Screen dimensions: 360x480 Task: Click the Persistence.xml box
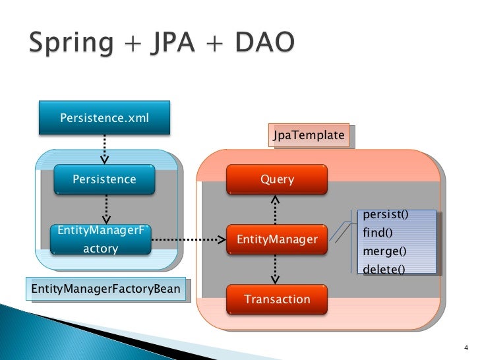click(x=104, y=118)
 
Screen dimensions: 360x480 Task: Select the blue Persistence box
click(x=104, y=179)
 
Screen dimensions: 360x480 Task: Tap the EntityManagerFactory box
click(x=100, y=239)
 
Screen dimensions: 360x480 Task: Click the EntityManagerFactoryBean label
click(x=105, y=289)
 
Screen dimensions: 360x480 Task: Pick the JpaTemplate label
click(x=309, y=136)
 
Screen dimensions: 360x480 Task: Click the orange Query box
click(x=277, y=179)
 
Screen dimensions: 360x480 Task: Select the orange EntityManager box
click(x=277, y=239)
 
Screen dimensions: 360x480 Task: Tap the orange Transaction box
click(x=277, y=299)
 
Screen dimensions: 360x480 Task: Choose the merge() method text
click(x=384, y=251)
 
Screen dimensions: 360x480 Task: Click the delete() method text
click(x=384, y=269)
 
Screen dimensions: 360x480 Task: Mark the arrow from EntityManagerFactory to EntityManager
click(x=189, y=240)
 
